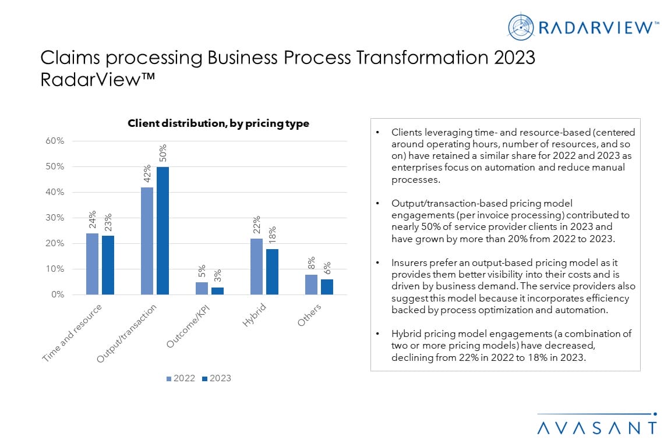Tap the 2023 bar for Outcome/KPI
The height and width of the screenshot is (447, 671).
(217, 290)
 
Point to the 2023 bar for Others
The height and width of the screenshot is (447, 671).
(327, 287)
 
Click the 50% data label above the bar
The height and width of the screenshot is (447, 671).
(163, 152)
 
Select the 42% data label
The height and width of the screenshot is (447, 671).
(147, 173)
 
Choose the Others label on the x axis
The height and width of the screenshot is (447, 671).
(309, 314)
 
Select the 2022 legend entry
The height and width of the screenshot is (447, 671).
(181, 378)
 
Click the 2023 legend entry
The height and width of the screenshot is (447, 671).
(216, 378)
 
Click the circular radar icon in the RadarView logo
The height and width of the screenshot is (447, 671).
(521, 27)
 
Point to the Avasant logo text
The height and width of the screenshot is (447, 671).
(596, 428)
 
